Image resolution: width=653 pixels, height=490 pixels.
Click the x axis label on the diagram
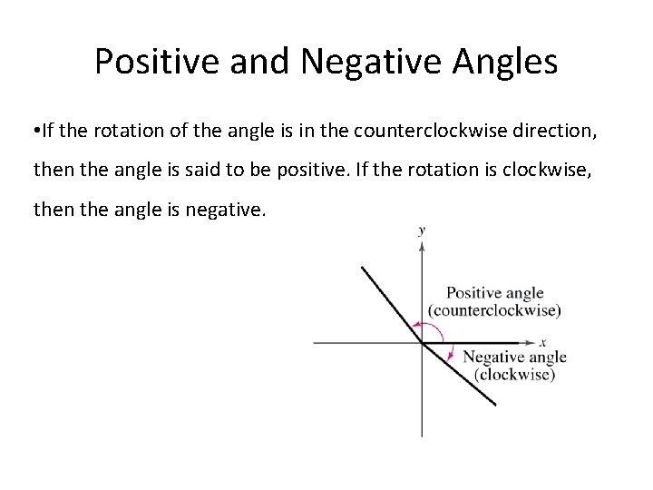(x=542, y=342)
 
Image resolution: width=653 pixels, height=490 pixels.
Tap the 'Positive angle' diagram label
(x=495, y=293)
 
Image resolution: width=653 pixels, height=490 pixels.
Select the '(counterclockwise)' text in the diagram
(x=495, y=309)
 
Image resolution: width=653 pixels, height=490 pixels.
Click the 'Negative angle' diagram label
(x=513, y=358)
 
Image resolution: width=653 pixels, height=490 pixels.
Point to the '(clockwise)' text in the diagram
(x=513, y=373)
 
